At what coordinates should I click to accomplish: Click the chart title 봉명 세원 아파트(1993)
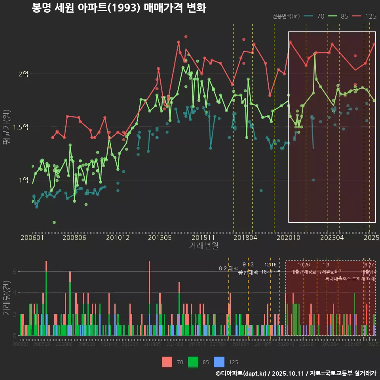119,8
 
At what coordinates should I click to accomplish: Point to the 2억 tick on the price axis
23,74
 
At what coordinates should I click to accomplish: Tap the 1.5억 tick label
21,127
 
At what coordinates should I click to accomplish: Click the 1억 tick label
23,180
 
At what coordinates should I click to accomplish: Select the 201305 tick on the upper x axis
160,237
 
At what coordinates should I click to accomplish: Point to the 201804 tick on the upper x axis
245,237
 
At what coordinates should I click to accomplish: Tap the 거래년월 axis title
203,246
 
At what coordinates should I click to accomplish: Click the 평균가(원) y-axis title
7,129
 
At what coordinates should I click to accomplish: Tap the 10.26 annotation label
304,264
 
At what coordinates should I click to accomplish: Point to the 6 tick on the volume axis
14,272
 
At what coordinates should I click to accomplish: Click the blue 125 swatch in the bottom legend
219,362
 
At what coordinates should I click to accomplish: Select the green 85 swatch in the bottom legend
193,362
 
